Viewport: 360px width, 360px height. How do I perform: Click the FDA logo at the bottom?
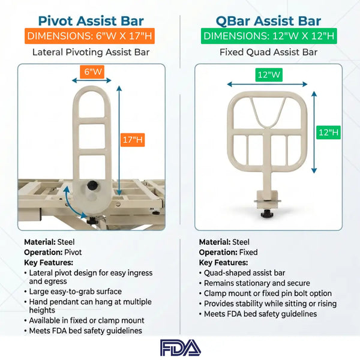[x=180, y=347]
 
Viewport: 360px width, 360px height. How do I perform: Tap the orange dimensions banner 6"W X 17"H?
[x=90, y=37]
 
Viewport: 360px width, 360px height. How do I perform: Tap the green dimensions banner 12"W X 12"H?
[x=270, y=37]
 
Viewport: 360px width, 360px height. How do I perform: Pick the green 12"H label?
[x=329, y=131]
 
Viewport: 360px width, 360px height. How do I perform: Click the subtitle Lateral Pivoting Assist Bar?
[x=90, y=52]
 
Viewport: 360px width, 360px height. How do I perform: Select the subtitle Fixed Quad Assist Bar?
[x=270, y=52]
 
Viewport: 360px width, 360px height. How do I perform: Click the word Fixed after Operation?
[x=246, y=253]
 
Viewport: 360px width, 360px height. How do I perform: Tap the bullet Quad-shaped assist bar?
[x=241, y=272]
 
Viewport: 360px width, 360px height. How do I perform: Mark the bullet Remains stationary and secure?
[x=257, y=283]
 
